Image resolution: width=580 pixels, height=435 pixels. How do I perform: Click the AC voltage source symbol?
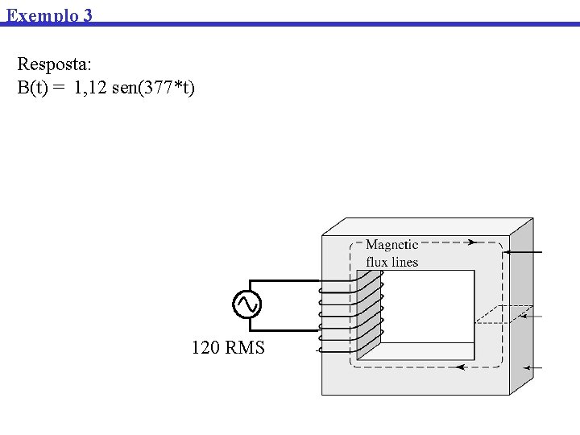246,304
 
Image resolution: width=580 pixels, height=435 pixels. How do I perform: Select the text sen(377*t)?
154,87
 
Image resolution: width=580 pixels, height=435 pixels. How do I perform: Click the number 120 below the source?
205,348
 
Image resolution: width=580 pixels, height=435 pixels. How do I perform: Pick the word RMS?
245,348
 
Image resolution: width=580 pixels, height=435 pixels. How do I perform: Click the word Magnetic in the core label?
391,245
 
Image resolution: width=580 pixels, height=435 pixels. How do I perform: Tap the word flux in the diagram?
377,262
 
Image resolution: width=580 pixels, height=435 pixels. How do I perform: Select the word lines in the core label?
404,262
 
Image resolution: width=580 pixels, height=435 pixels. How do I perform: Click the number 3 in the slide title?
87,15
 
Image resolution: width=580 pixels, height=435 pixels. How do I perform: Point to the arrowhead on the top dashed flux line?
471,242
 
